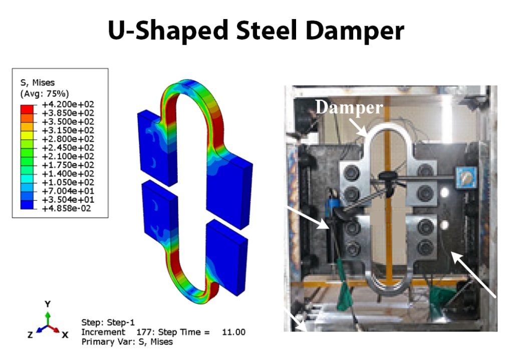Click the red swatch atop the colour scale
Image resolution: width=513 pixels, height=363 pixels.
pos(28,105)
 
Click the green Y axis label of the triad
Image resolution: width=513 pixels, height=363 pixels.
pos(47,304)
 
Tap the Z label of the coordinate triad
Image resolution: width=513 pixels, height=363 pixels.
pos(30,335)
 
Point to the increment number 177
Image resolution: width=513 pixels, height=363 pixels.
pos(145,332)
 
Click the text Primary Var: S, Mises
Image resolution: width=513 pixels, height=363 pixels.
pos(127,342)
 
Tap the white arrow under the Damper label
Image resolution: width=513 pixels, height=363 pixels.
pos(365,127)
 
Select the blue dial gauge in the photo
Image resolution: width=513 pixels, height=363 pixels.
pos(463,177)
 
